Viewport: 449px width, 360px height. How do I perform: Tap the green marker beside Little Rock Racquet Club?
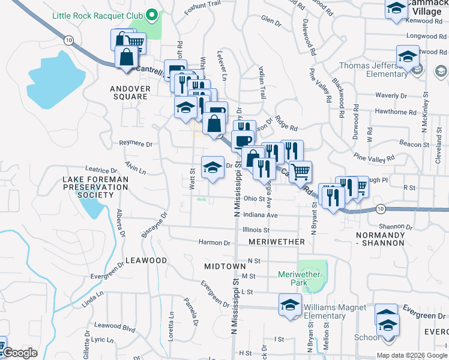152,14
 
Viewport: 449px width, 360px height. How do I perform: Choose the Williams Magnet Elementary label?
334,311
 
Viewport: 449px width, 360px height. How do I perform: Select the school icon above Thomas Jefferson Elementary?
407,57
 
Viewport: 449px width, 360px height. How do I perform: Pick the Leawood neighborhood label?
146,260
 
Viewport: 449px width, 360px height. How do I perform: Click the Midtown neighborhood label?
224,266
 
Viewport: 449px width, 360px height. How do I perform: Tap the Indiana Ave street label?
261,215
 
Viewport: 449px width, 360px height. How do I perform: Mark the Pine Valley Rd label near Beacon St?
374,157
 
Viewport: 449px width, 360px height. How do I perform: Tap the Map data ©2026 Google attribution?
411,355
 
